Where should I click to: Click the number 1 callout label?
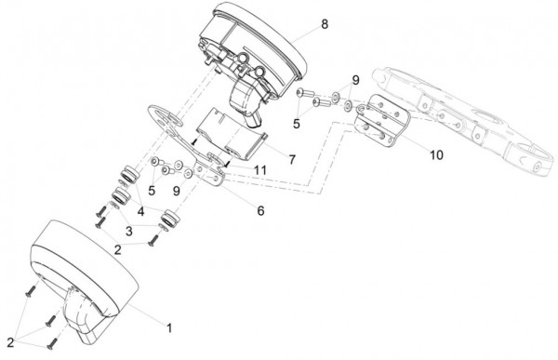point(169,328)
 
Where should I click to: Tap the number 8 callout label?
point(325,24)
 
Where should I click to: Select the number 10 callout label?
point(436,155)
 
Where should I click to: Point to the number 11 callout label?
point(260,170)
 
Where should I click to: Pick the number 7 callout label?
point(292,160)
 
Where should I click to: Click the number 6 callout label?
point(260,211)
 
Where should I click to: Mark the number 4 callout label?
point(141,212)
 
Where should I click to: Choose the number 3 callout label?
point(129,231)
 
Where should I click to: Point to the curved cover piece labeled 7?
point(231,135)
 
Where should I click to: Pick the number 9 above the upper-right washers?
point(355,80)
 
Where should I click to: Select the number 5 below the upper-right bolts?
point(297,124)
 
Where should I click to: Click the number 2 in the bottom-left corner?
point(10,342)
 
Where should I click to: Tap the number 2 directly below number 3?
point(117,249)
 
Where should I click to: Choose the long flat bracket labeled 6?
point(185,144)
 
